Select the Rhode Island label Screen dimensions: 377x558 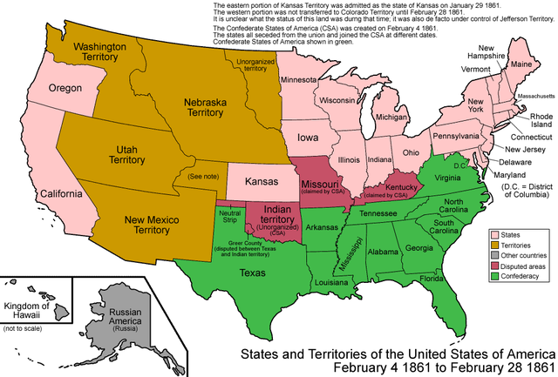click(541, 121)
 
